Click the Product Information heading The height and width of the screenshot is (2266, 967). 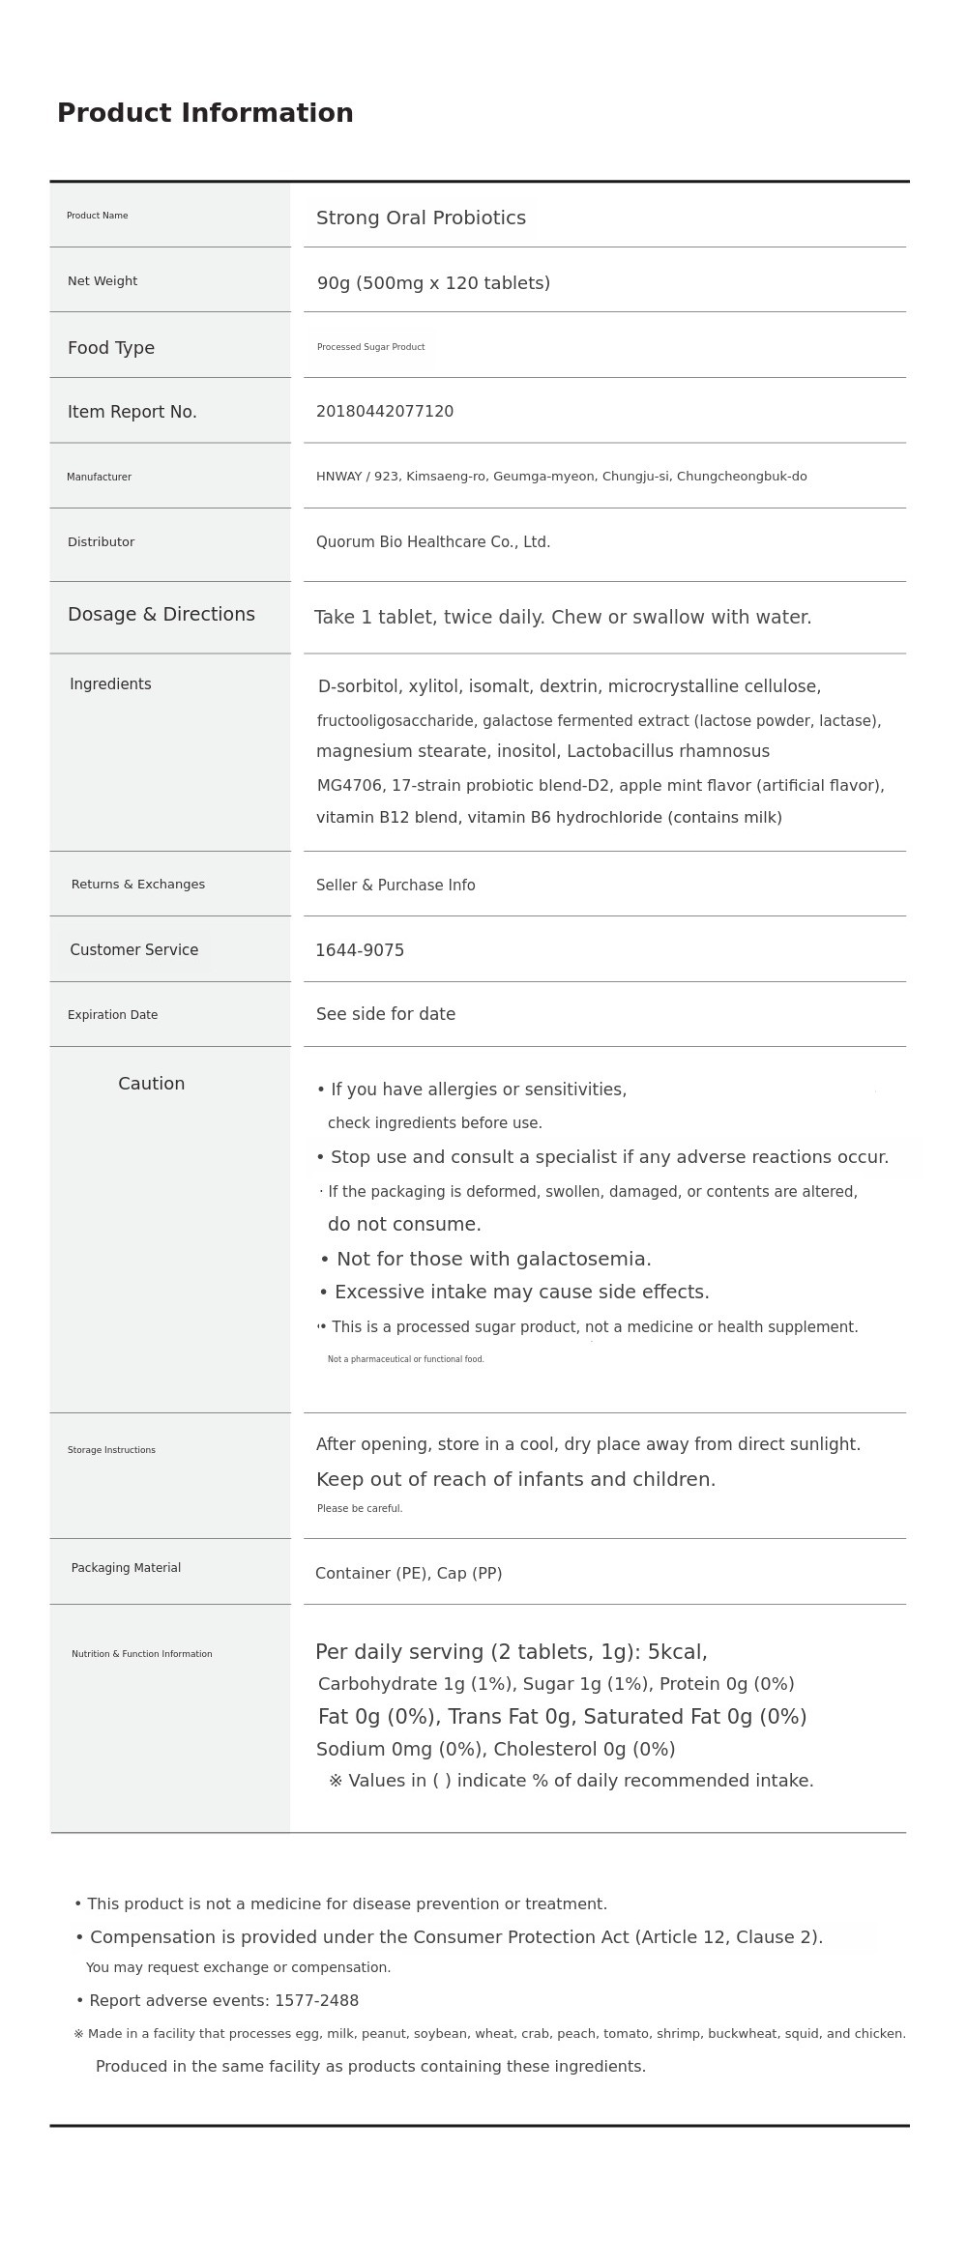click(205, 113)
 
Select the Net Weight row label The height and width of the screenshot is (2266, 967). click(103, 281)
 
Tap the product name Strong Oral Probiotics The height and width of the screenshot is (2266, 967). click(421, 218)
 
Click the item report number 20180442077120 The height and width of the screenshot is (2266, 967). click(385, 412)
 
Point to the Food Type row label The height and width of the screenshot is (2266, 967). click(111, 348)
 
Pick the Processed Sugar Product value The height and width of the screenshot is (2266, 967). click(370, 347)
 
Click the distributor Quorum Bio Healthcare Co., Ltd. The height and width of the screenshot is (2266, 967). click(433, 542)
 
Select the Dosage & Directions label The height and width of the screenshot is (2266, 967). click(161, 615)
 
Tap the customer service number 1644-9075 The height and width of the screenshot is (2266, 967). click(360, 950)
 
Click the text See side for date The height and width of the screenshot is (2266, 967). click(386, 1014)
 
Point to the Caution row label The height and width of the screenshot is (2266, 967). click(152, 1084)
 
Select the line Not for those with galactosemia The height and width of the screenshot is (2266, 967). click(485, 1259)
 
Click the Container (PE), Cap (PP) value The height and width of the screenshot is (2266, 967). click(408, 1573)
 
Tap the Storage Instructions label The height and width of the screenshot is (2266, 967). click(111, 1450)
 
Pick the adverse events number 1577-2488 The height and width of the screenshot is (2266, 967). click(316, 2000)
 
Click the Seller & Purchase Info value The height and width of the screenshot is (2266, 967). click(396, 886)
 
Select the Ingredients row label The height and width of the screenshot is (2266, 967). click(110, 684)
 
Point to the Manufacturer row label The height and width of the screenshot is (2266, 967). click(99, 477)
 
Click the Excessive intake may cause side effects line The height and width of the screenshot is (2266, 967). click(514, 1293)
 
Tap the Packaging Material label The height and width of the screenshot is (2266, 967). click(126, 1568)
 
